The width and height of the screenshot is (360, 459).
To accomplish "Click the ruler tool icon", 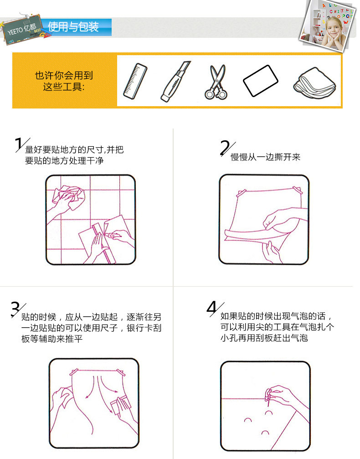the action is tap(135, 82).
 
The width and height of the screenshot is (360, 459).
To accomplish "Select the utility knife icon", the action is tap(175, 82).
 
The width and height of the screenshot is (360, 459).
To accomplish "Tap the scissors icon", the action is tap(216, 82).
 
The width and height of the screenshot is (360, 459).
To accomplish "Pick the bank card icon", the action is tap(261, 81).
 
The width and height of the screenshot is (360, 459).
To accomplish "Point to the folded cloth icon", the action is tap(315, 83).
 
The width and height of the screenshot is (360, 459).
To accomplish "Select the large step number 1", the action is tap(20, 144).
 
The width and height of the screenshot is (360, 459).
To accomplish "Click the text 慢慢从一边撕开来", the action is tap(266, 157).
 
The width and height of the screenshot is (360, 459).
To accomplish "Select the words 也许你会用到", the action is tap(64, 76).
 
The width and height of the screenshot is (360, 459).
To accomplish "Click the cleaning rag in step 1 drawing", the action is tap(69, 196).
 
